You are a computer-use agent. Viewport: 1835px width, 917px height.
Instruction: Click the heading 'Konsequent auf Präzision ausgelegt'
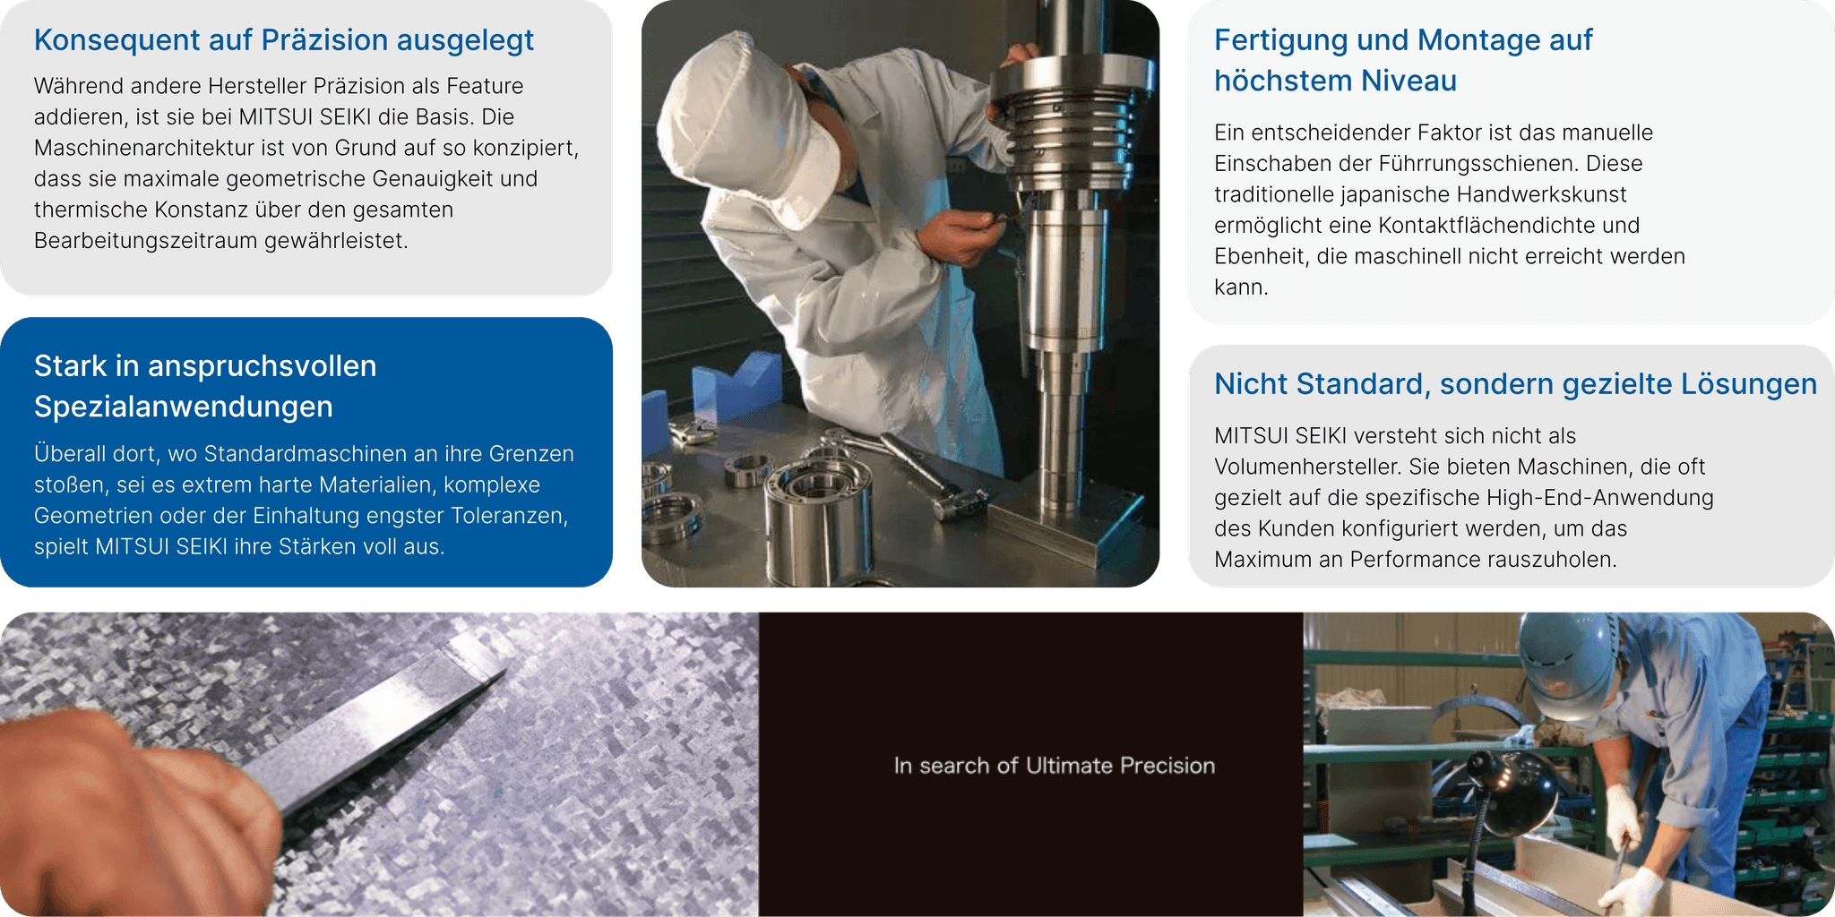point(283,40)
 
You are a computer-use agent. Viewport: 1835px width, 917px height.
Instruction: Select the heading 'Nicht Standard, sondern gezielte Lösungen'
point(1515,384)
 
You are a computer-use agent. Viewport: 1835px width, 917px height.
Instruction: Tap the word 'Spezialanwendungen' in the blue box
point(184,407)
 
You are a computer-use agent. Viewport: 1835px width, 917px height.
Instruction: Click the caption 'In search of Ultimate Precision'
point(1055,766)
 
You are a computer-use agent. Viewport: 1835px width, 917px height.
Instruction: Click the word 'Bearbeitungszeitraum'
point(146,241)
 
